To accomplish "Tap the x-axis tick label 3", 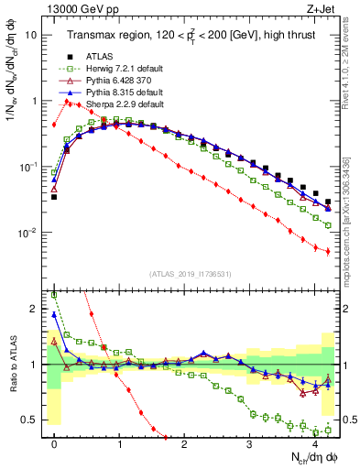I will [249, 443].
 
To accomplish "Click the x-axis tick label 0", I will [54, 443].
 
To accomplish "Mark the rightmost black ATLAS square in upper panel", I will [328, 202].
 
